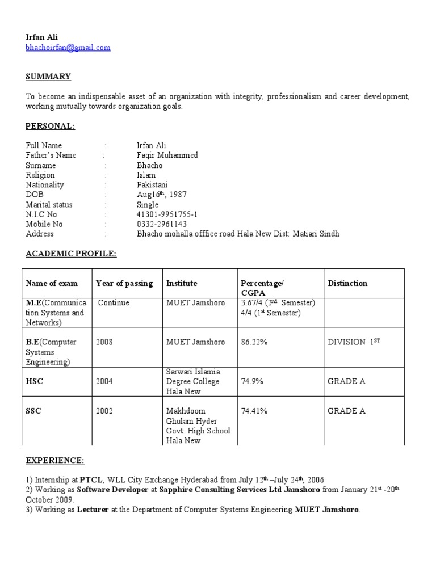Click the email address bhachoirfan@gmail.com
click(x=68, y=48)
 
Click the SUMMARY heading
click(x=48, y=77)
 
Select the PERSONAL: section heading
click(x=51, y=126)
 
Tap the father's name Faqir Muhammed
click(x=167, y=155)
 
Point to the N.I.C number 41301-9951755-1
click(x=167, y=214)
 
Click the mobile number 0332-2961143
click(x=162, y=224)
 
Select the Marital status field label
click(x=49, y=204)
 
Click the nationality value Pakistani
click(x=153, y=185)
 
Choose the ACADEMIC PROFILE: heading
click(x=71, y=254)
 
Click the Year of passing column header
click(x=124, y=283)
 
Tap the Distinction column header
click(x=347, y=283)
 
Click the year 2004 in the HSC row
click(x=104, y=381)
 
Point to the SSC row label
click(x=33, y=411)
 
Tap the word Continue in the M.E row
click(x=114, y=303)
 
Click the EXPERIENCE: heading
click(x=55, y=460)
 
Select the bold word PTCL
click(x=91, y=480)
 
